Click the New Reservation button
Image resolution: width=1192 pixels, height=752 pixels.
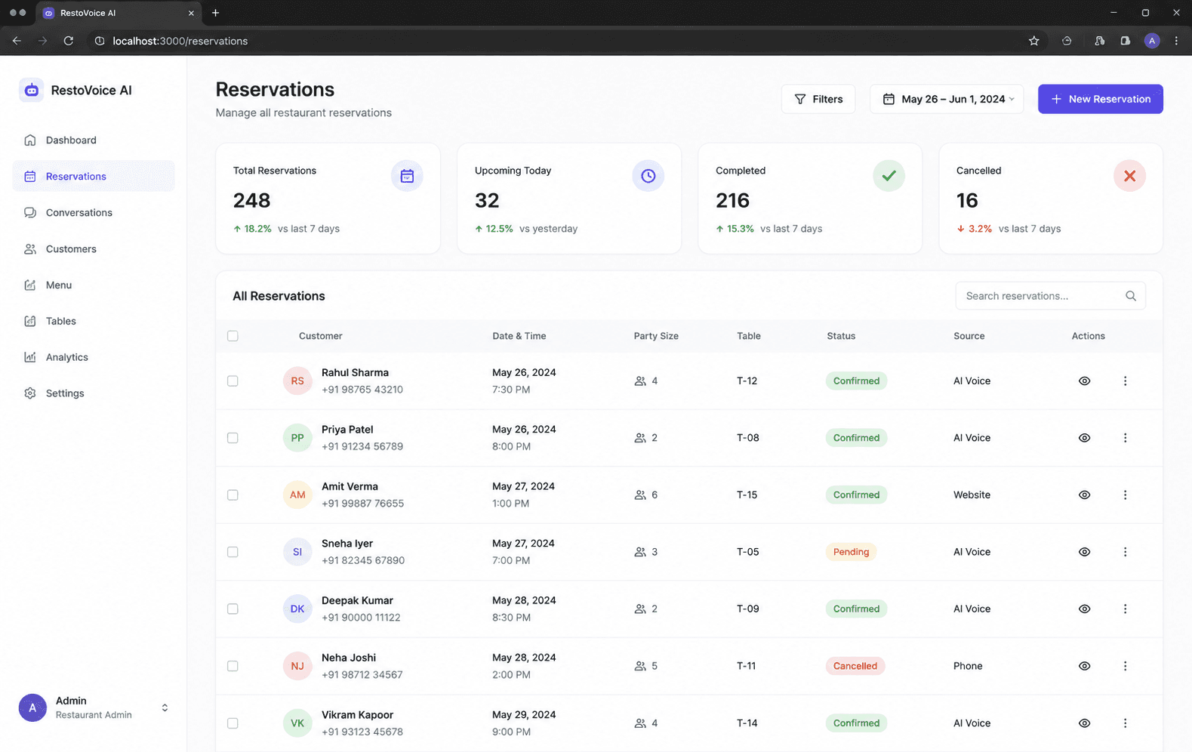(x=1100, y=99)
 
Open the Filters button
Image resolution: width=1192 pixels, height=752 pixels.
(x=818, y=99)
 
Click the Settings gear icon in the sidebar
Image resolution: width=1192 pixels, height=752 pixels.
(x=29, y=393)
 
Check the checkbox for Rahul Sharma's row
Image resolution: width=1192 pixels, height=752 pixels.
(x=233, y=381)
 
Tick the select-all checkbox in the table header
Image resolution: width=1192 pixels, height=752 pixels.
(x=233, y=336)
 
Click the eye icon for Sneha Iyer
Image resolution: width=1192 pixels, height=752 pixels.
(x=1084, y=552)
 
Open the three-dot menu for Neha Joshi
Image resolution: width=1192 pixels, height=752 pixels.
(x=1125, y=666)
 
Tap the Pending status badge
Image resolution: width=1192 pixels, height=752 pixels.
(x=851, y=552)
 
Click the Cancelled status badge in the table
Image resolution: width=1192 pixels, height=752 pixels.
(x=855, y=666)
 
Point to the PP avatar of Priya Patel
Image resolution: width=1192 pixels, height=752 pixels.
(x=297, y=438)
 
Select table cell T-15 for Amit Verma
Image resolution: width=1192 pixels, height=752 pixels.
(x=747, y=495)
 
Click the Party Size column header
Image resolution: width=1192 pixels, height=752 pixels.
(x=655, y=336)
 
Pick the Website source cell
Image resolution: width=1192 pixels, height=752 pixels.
(x=972, y=495)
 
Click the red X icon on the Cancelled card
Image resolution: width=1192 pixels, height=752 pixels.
(x=1129, y=176)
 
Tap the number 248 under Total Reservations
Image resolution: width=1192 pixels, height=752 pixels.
(x=251, y=201)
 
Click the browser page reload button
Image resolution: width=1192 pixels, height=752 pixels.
(x=69, y=41)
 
